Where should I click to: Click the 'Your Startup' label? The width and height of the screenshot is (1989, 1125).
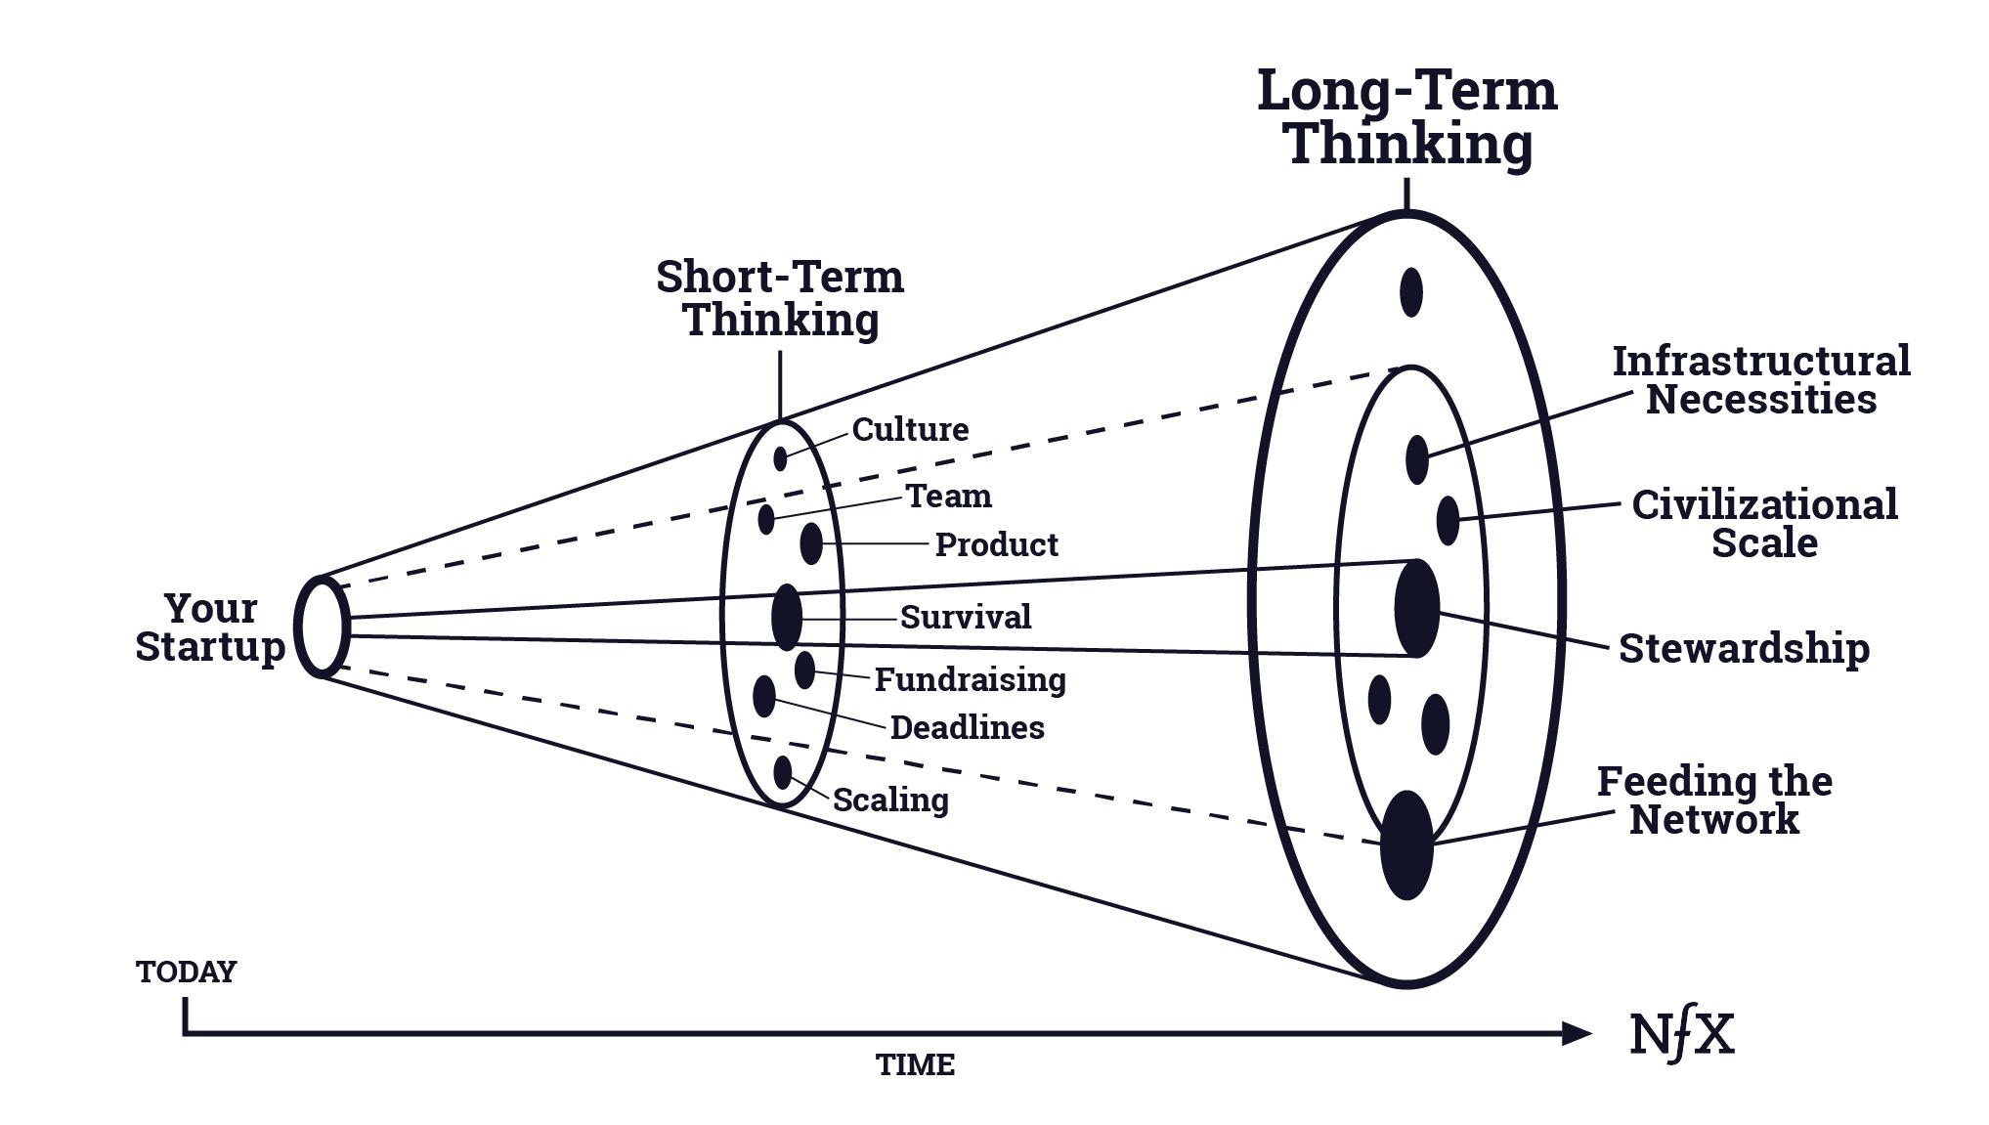pyautogui.click(x=210, y=627)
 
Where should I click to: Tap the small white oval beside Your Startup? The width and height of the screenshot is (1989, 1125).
pyautogui.click(x=322, y=627)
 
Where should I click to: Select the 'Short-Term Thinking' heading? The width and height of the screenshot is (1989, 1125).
pyautogui.click(x=780, y=298)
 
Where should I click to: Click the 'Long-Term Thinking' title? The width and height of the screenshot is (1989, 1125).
pyautogui.click(x=1406, y=117)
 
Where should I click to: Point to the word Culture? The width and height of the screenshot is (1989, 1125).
pyautogui.click(x=910, y=429)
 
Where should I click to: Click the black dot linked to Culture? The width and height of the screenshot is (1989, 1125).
pyautogui.click(x=780, y=457)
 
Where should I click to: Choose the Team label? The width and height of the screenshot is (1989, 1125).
pyautogui.click(x=949, y=497)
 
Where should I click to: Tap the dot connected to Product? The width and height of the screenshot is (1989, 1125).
pyautogui.click(x=811, y=543)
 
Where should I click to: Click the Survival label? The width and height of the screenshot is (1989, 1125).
pyautogui.click(x=966, y=618)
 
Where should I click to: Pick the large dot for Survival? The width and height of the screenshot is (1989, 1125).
pyautogui.click(x=787, y=617)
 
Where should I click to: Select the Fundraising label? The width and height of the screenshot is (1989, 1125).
pyautogui.click(x=970, y=679)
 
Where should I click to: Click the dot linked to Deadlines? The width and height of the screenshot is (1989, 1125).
pyautogui.click(x=764, y=696)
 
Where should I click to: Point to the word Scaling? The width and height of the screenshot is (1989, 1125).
pyautogui.click(x=890, y=800)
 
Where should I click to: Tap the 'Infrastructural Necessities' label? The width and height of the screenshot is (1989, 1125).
pyautogui.click(x=1760, y=380)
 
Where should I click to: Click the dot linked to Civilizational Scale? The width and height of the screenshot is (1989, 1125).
pyautogui.click(x=1448, y=520)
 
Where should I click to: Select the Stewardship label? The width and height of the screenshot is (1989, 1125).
pyautogui.click(x=1744, y=649)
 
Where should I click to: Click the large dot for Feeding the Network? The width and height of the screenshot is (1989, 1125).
pyautogui.click(x=1406, y=844)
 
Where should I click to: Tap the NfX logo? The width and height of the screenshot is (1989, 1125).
pyautogui.click(x=1682, y=1035)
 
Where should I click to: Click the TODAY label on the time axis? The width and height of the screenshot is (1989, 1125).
pyautogui.click(x=187, y=973)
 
